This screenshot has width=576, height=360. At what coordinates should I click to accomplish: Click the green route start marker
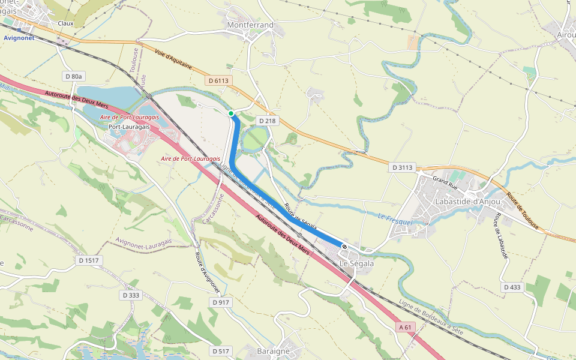pos(231,113)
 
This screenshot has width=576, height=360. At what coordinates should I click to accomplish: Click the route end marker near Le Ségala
pos(344,246)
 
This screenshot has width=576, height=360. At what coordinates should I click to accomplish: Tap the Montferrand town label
pos(250,25)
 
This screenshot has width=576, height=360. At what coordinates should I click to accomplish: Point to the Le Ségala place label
pos(357,263)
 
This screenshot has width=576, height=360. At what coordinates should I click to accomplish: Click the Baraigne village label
pos(273,351)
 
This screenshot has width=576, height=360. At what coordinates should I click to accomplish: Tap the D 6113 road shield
pos(219,80)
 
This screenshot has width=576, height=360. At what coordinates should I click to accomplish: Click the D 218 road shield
pos(267,121)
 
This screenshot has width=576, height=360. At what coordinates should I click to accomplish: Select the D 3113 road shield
pos(401,167)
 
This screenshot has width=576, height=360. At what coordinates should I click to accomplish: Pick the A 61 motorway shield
pos(406,328)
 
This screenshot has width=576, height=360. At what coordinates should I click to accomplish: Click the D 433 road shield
pos(512,287)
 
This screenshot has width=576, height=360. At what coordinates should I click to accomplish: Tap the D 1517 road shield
pos(89,260)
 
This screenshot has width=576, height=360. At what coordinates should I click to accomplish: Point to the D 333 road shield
pos(131,295)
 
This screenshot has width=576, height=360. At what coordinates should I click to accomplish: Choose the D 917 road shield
pos(221,302)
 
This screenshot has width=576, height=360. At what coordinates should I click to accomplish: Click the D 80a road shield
pos(74,76)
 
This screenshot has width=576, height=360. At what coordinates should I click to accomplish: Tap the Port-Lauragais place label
pos(129,127)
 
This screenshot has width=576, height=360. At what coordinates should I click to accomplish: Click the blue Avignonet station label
pos(19,37)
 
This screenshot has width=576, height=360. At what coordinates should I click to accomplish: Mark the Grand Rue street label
pos(445,180)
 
